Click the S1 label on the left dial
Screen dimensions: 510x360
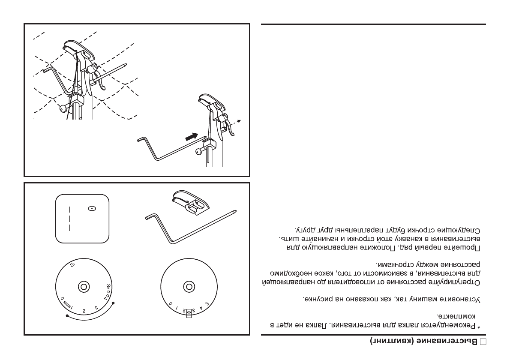[x=72, y=266]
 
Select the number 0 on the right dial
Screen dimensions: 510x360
[x=171, y=304]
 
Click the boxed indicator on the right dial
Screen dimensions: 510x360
[x=189, y=312]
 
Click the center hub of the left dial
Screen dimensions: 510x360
[x=83, y=286]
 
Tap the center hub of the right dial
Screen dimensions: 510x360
[x=187, y=286]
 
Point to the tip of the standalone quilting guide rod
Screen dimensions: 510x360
[x=235, y=211]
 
